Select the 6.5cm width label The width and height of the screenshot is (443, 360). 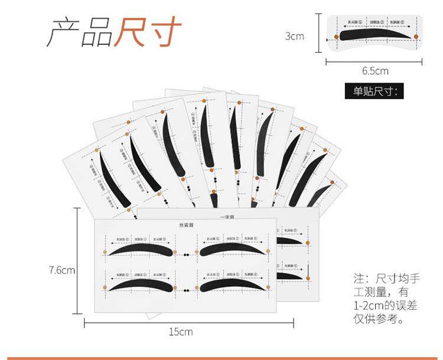(375, 71)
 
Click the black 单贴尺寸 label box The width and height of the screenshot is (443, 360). (374, 91)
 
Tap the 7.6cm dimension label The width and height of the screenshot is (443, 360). (62, 270)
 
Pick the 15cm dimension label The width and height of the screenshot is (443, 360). (181, 332)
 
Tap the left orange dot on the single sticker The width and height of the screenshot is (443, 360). (337, 37)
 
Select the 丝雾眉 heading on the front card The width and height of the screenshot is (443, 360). (186, 225)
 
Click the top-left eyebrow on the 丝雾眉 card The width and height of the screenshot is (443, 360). (142, 250)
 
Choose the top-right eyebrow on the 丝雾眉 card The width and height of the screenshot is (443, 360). (232, 250)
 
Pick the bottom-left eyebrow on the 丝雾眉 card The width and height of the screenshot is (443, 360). (142, 285)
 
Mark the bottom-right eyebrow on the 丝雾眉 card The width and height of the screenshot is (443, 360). (232, 284)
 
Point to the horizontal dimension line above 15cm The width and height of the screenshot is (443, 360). (188, 322)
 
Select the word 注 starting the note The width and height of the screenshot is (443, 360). (359, 278)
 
